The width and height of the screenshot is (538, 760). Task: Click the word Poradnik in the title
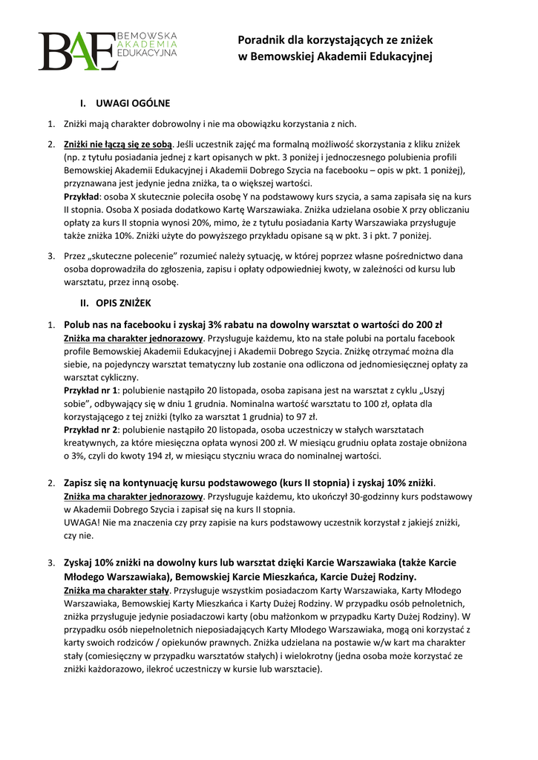click(x=260, y=41)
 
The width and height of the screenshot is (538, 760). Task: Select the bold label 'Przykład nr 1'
click(x=91, y=389)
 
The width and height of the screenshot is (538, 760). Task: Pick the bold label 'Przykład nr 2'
click(x=91, y=429)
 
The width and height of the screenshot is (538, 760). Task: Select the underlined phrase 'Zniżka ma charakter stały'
click(x=117, y=590)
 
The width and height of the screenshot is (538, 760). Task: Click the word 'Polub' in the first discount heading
click(x=78, y=324)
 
